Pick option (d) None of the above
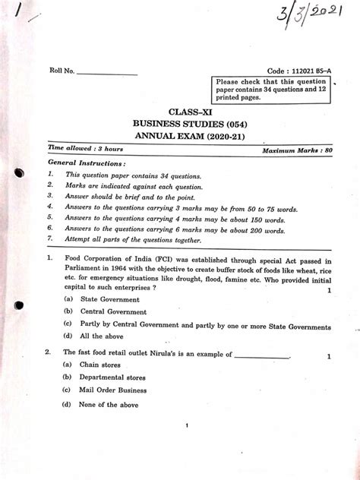108,405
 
